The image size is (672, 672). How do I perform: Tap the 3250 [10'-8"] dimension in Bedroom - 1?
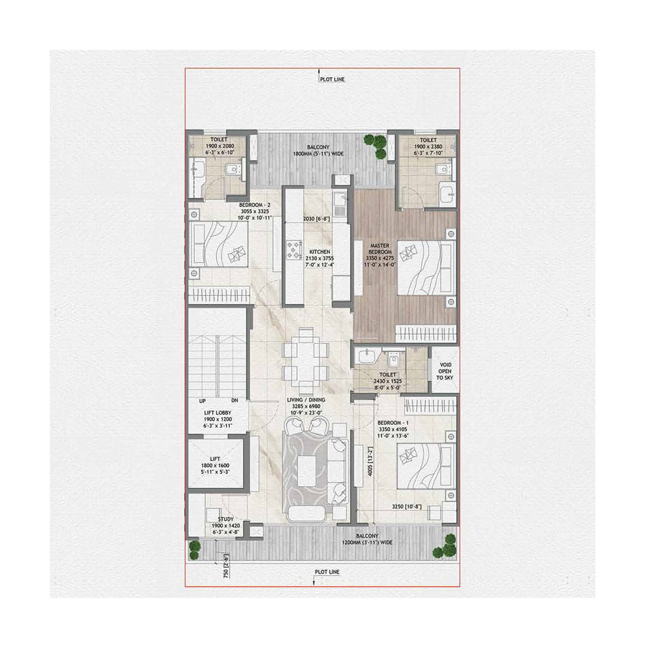click(x=407, y=506)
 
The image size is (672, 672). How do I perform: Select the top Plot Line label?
click(x=332, y=80)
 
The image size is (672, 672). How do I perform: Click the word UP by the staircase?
click(x=203, y=401)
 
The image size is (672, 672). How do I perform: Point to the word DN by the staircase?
click(x=235, y=401)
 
